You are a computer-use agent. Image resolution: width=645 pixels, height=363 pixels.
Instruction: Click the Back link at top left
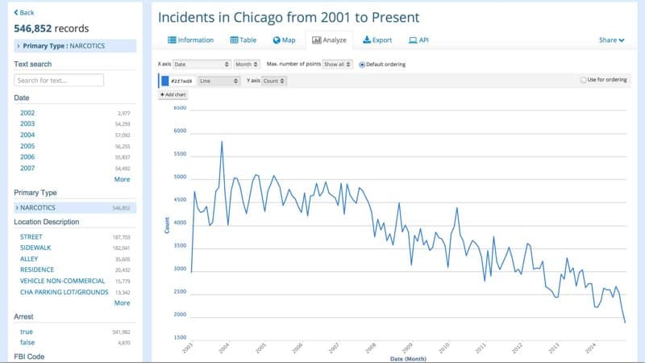tap(24, 12)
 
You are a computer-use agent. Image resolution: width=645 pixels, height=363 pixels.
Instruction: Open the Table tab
tap(244, 40)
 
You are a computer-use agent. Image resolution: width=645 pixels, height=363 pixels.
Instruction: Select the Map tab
tap(285, 40)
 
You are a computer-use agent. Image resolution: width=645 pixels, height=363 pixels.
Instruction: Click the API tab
tap(418, 40)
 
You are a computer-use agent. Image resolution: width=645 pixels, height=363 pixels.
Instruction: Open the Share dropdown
tap(611, 40)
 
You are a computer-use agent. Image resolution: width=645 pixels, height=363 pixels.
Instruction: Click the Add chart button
tap(173, 95)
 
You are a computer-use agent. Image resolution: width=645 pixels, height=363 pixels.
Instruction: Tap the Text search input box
tap(59, 80)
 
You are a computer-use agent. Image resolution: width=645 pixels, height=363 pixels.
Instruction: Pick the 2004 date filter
tap(27, 135)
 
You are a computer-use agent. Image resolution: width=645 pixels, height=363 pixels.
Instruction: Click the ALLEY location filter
tap(29, 259)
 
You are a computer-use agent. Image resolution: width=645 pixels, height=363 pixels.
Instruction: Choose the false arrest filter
tap(27, 343)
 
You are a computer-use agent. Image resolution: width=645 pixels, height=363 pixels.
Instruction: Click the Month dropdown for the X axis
tap(247, 64)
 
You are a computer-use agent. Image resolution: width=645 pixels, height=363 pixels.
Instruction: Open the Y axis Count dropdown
tap(274, 81)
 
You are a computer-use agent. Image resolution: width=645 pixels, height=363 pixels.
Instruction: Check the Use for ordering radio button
tap(583, 80)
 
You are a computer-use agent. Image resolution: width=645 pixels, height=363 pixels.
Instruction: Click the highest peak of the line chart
tap(222, 141)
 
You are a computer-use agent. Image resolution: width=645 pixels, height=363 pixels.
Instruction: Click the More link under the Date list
tap(122, 179)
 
